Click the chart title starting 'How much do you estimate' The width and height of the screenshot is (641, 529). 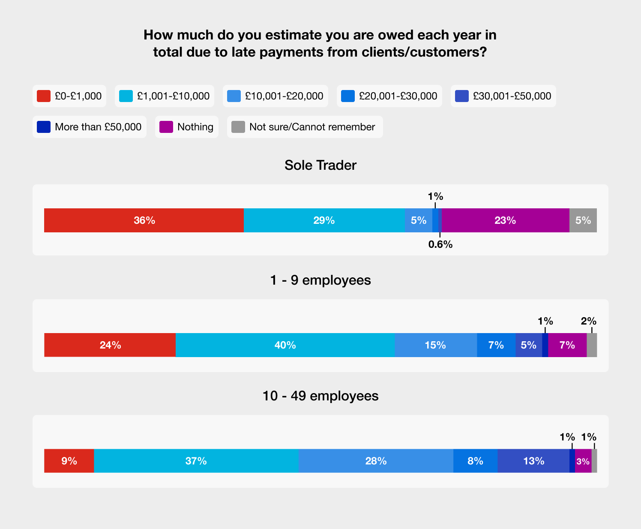tap(320, 43)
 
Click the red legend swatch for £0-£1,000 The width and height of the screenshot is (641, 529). tap(43, 96)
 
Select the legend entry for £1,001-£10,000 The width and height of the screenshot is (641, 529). tap(164, 96)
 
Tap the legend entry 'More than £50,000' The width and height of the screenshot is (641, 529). tap(90, 127)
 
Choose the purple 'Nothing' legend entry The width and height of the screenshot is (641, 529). tap(187, 127)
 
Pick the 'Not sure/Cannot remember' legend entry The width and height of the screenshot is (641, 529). tap(305, 127)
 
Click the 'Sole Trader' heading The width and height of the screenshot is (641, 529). tap(320, 165)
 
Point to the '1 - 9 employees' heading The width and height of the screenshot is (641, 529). tap(320, 280)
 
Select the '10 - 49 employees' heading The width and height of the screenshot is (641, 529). tap(320, 396)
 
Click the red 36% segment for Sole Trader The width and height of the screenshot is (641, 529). tap(144, 220)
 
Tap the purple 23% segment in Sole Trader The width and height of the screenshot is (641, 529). tap(505, 220)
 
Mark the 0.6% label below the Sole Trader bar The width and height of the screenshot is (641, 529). tap(440, 244)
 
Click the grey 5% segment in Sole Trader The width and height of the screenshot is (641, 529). tap(583, 220)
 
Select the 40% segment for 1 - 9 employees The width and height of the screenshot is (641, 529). tap(285, 345)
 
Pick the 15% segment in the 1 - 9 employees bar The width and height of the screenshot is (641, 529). tap(435, 345)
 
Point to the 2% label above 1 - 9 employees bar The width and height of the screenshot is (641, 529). tap(589, 321)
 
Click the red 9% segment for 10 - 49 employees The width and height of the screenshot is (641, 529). tap(69, 461)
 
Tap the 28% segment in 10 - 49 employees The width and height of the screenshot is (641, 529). tap(376, 461)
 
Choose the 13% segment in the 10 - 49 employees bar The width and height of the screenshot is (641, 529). tap(533, 461)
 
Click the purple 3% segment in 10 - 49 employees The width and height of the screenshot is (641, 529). tap(583, 461)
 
